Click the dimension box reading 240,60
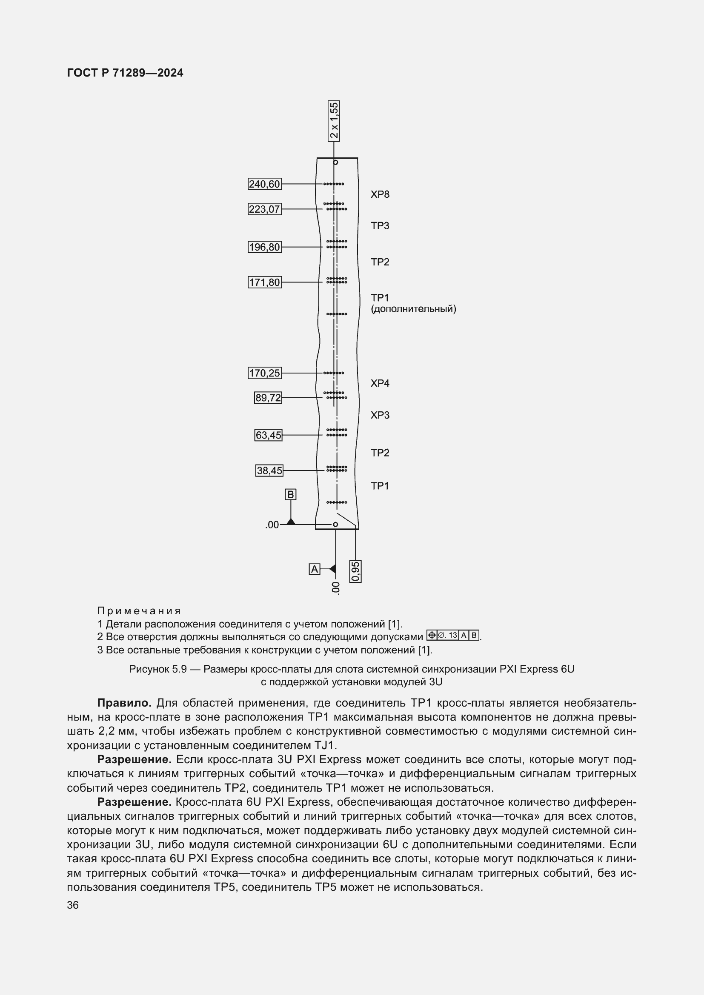(264, 184)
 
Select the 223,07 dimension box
(264, 209)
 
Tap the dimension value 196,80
(264, 248)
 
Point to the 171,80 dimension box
(264, 282)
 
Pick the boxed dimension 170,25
(264, 373)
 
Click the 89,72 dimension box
(268, 398)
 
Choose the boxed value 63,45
(268, 435)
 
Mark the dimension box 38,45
(269, 470)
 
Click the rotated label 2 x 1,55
(334, 121)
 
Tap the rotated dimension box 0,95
(355, 571)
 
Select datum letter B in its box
(290, 494)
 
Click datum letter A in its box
(314, 569)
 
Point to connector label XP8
(380, 194)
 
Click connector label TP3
(380, 226)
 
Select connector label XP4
(380, 384)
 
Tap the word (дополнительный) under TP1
(413, 309)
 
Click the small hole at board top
(335, 163)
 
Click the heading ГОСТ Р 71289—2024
(125, 73)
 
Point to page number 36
(73, 905)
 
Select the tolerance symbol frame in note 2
(453, 636)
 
